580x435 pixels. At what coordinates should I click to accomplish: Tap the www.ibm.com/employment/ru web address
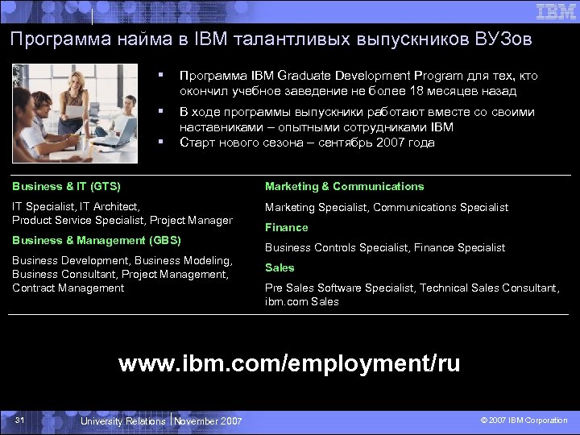(289, 363)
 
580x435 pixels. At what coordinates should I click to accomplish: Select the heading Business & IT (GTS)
(66, 186)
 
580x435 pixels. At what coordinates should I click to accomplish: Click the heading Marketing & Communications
(344, 186)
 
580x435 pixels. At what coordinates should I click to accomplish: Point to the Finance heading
(287, 227)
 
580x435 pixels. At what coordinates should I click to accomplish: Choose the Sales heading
(280, 267)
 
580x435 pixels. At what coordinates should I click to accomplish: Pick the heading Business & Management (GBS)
(97, 240)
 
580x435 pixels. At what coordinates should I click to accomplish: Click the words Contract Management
(68, 288)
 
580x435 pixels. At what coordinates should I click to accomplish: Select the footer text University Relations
(122, 420)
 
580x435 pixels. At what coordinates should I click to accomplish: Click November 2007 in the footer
(208, 420)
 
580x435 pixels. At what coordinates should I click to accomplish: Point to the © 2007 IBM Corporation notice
(524, 420)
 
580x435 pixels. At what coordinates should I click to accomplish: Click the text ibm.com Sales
(302, 302)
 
